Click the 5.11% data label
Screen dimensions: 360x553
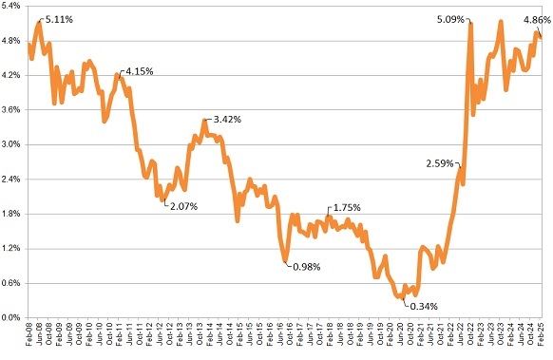(60, 17)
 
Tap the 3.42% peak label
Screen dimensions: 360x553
(226, 120)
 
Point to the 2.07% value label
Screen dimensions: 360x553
(182, 205)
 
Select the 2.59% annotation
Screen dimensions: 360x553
(444, 164)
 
